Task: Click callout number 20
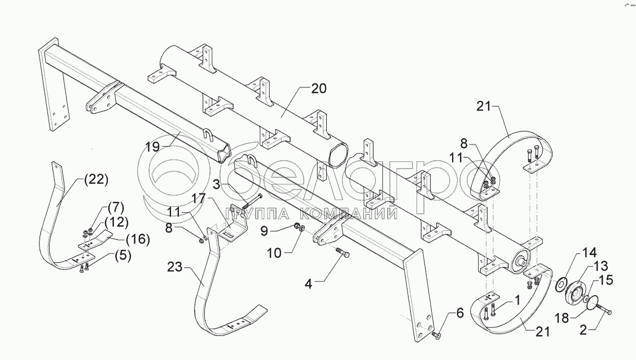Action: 319,89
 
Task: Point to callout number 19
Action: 153,147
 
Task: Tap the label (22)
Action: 96,179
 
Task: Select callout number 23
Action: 175,267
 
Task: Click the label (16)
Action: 138,239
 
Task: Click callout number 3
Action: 217,185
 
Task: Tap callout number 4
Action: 309,284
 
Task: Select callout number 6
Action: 459,313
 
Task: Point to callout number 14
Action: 589,253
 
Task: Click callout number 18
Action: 562,318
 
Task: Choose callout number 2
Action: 583,331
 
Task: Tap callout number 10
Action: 274,253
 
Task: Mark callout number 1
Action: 517,300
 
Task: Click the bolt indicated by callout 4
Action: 343,253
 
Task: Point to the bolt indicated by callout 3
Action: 252,201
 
